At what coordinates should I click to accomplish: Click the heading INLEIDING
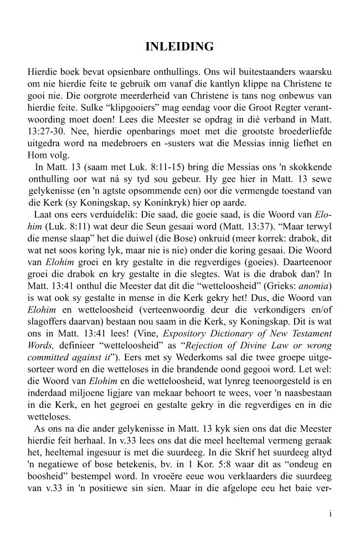tap(179, 48)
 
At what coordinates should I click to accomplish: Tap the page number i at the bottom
tap(330, 514)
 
